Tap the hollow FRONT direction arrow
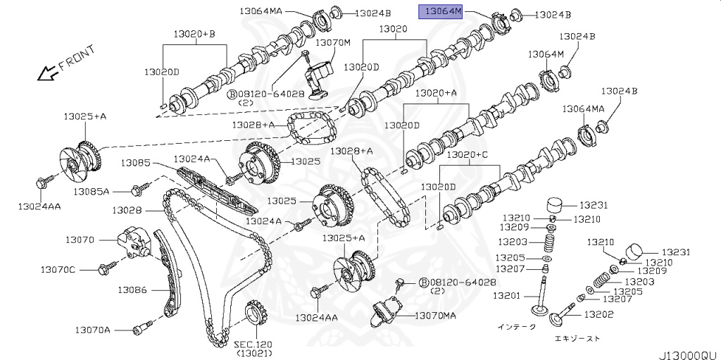tap(46, 70)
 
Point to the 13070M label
tap(332, 43)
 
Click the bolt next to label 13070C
tap(108, 268)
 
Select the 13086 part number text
tap(132, 290)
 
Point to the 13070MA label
tap(435, 316)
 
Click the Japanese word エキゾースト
tap(577, 339)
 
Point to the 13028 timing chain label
tap(127, 211)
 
